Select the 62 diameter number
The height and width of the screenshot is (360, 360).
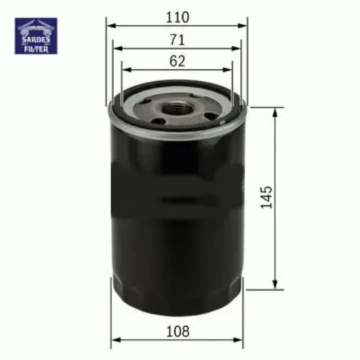click(x=177, y=61)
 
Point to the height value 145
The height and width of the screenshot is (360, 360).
click(x=265, y=196)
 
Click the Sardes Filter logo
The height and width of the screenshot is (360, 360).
click(x=37, y=36)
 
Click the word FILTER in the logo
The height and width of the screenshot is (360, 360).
click(x=37, y=48)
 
